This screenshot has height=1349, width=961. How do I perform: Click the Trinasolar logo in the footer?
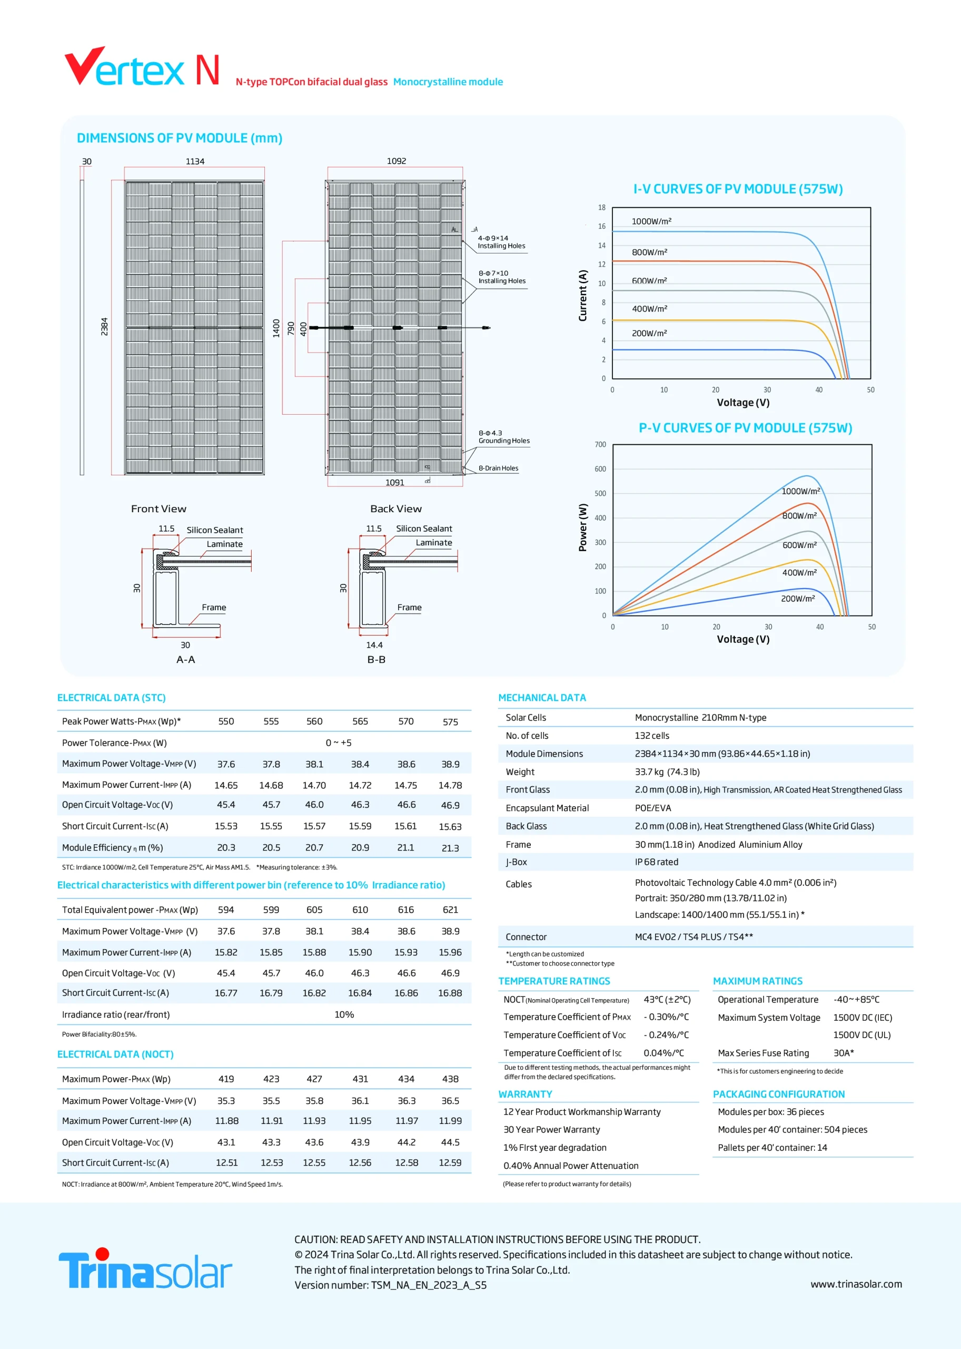(x=145, y=1268)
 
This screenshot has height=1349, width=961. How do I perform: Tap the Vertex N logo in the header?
(x=142, y=66)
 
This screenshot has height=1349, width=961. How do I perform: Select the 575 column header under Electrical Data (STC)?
(x=450, y=722)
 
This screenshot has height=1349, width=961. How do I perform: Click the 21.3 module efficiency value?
(x=450, y=848)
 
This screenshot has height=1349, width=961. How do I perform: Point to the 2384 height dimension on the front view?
(x=105, y=326)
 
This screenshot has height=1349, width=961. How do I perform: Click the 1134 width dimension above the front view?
(x=195, y=161)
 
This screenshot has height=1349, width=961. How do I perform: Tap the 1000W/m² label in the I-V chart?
(x=651, y=221)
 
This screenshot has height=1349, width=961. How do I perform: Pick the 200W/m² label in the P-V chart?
(x=798, y=599)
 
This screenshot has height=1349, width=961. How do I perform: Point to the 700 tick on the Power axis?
(x=600, y=445)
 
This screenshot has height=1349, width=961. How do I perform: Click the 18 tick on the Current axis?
(x=602, y=207)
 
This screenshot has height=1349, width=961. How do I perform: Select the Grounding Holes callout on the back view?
(x=504, y=437)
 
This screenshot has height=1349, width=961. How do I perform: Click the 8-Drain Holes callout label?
(x=498, y=468)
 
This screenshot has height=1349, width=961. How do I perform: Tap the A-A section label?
(x=186, y=660)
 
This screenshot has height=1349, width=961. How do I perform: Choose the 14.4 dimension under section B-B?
(x=374, y=645)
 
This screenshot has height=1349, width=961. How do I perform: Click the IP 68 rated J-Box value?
(x=657, y=862)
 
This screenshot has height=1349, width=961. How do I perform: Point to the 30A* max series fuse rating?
(x=844, y=1053)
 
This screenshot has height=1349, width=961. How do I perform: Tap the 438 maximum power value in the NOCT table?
(x=450, y=1079)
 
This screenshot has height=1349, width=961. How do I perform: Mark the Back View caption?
(x=396, y=509)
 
